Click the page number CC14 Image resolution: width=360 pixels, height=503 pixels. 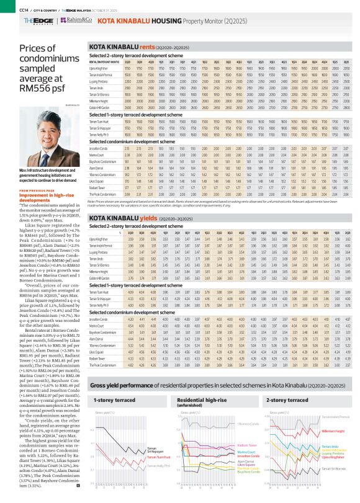(7, 8)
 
